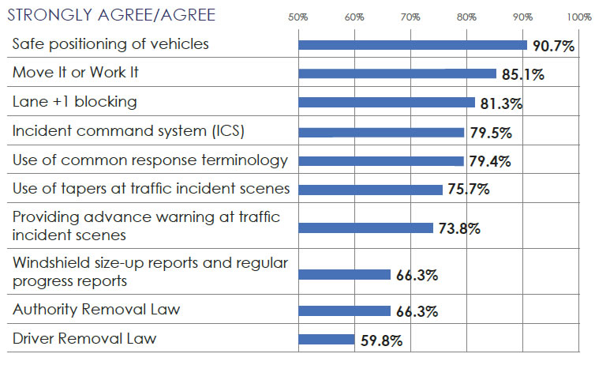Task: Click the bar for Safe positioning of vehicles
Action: (x=412, y=45)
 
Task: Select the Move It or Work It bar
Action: (x=397, y=73)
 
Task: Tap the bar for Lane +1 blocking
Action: (x=387, y=102)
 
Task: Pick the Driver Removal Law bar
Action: (x=326, y=340)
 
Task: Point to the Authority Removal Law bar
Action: (x=344, y=310)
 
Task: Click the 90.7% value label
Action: (x=553, y=46)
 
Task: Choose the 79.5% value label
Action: (x=490, y=133)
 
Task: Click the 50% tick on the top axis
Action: (x=298, y=17)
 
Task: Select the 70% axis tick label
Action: (x=410, y=17)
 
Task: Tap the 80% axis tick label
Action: (x=466, y=17)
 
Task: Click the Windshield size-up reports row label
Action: (x=150, y=270)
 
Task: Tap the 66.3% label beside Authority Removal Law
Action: (x=417, y=312)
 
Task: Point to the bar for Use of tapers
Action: (x=370, y=190)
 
